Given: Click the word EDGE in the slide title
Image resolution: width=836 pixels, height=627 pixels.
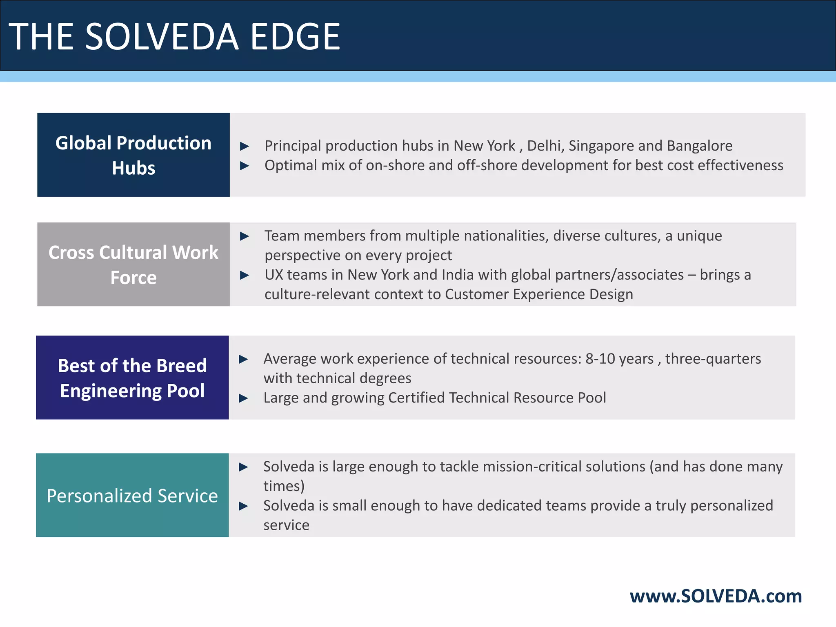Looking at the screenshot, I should (x=295, y=37).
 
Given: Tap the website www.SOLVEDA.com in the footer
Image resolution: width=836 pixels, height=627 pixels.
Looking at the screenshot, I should (x=716, y=596).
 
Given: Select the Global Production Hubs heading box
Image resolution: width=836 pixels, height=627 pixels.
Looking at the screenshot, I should (x=133, y=155).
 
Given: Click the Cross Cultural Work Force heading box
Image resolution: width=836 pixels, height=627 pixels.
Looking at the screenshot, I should (x=133, y=265).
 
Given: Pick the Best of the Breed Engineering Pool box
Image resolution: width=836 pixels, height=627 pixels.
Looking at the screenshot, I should (x=132, y=378).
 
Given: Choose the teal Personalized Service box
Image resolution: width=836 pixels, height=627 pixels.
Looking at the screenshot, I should (x=132, y=495).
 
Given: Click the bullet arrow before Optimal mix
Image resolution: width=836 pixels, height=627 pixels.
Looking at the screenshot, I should (x=245, y=166).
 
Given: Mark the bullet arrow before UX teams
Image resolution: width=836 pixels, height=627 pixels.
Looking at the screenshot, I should (x=245, y=275).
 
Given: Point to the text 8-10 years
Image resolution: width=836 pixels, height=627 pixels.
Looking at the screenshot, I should (x=619, y=359).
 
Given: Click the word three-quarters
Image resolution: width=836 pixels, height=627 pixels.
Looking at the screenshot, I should (x=713, y=359).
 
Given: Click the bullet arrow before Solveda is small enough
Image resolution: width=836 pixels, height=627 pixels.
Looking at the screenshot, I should (x=243, y=506).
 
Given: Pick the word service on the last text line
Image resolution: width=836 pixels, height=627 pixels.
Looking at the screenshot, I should (x=286, y=525).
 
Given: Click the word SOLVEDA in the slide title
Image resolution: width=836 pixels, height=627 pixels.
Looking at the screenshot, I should (x=162, y=37).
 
